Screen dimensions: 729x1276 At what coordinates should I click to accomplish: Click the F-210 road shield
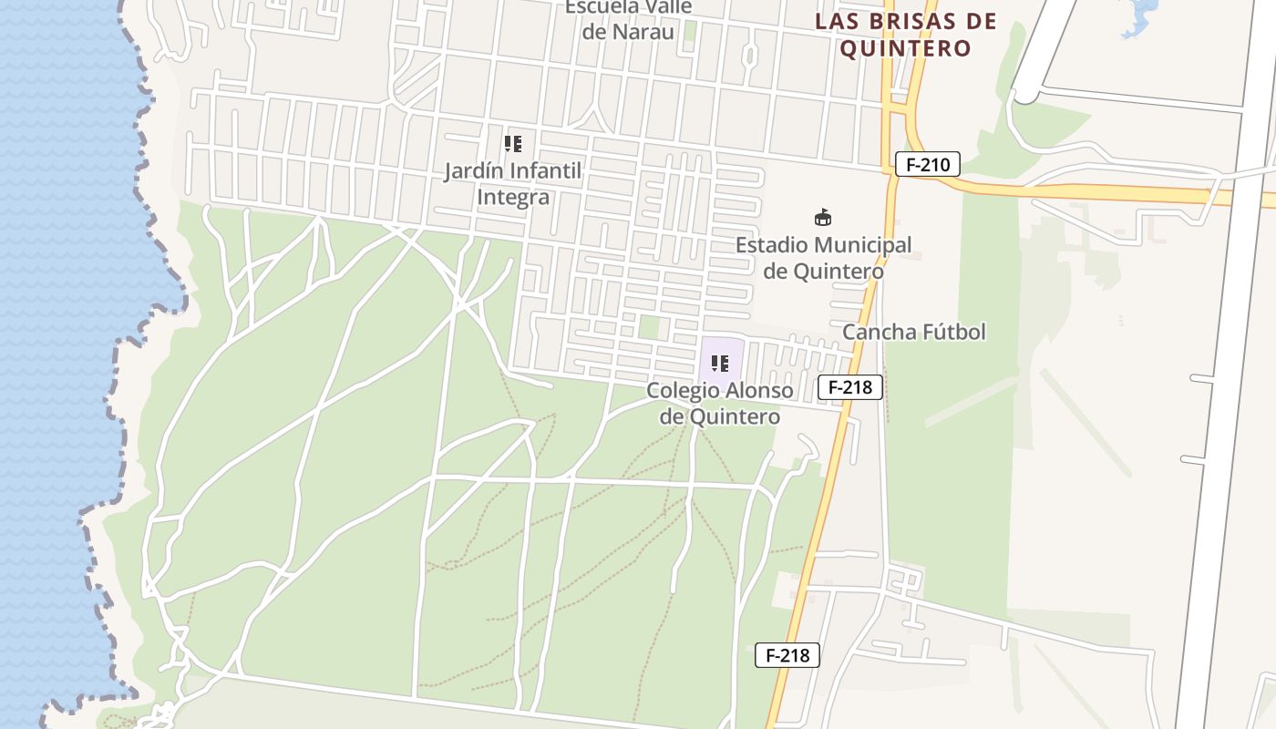point(928,165)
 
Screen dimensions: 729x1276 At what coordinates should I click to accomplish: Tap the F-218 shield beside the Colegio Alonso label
point(850,387)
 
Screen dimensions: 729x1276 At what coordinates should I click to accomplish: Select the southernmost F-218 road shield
point(787,655)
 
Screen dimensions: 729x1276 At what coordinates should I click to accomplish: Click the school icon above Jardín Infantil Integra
point(513,144)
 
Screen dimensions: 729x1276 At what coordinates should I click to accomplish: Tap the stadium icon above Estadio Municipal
point(823,218)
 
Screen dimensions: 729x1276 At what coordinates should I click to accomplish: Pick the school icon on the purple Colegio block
point(720,364)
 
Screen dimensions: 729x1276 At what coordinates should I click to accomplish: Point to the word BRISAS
point(915,21)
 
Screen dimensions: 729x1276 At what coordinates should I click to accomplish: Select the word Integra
point(513,198)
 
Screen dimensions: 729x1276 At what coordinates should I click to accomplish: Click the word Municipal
point(859,245)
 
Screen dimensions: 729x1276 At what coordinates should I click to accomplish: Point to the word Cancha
point(875,332)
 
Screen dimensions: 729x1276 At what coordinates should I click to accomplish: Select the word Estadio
point(770,245)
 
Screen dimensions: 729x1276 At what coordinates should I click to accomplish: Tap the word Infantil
point(546,171)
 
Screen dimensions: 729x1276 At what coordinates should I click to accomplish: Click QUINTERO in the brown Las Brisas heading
point(905,48)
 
